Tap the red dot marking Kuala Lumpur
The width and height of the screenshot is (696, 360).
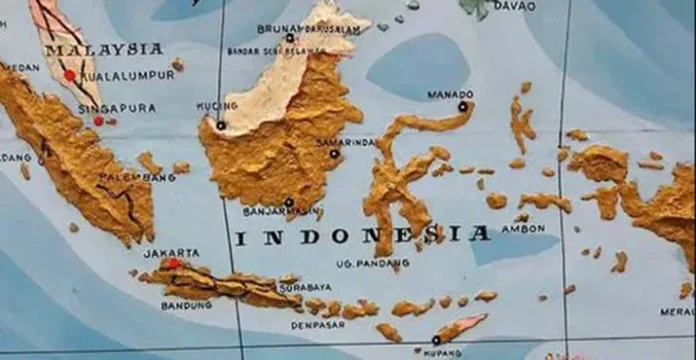click(x=69, y=75)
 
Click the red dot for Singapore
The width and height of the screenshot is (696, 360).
click(x=98, y=121)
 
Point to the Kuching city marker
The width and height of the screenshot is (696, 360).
click(x=221, y=126)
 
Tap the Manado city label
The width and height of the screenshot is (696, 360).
click(x=450, y=95)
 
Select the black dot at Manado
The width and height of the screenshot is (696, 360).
click(x=463, y=106)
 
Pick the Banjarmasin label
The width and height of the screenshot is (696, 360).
click(x=287, y=212)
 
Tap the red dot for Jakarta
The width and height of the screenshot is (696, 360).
click(x=172, y=263)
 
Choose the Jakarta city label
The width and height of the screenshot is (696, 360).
click(x=171, y=253)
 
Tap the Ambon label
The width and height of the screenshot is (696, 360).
click(x=523, y=227)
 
